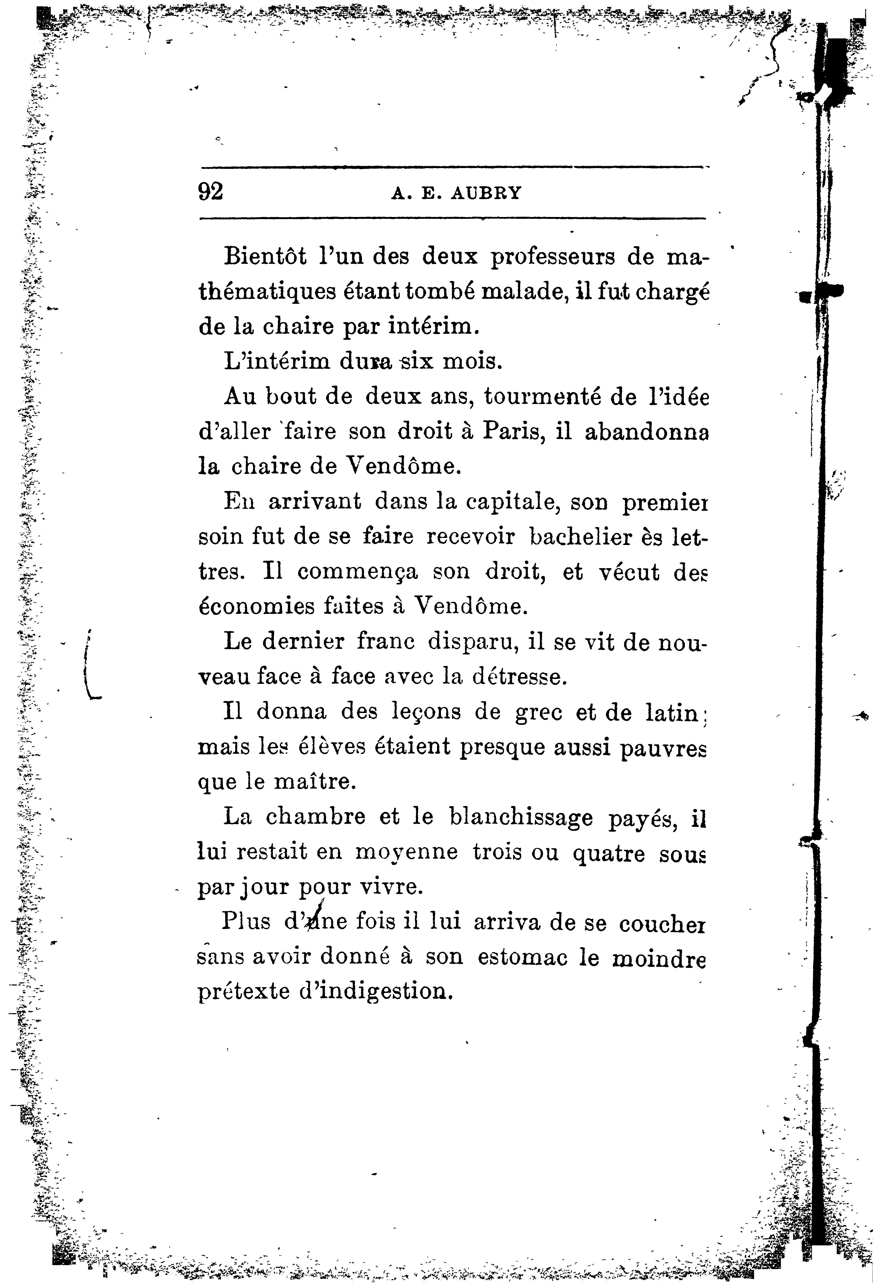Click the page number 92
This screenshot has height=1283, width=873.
coord(210,191)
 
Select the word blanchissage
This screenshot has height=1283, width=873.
coord(521,818)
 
